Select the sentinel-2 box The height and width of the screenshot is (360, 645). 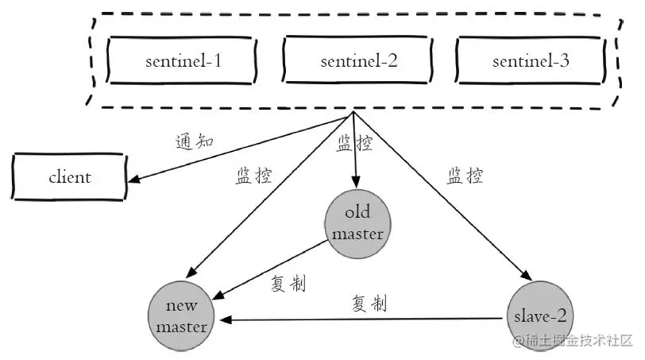pos(358,61)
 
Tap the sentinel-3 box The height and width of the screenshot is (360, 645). pos(531,61)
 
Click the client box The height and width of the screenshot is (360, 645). pos(70,177)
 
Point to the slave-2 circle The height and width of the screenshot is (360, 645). pos(539,315)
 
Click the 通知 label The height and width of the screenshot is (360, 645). pos(195,142)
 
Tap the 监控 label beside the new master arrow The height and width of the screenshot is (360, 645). pos(254,176)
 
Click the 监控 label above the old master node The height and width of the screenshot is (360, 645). pos(354,143)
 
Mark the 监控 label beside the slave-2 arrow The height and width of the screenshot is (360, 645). pos(465,176)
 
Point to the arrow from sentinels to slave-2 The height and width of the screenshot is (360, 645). pos(437,199)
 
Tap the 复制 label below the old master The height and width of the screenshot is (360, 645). pos(288,284)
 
